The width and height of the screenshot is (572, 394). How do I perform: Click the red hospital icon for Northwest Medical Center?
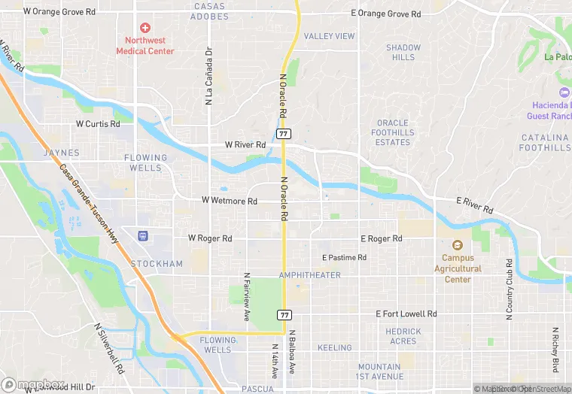click(145, 28)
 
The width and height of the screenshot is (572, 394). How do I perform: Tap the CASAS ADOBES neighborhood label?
click(209, 11)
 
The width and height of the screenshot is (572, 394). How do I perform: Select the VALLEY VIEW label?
click(329, 36)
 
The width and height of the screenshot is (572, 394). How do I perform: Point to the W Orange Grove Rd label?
click(59, 12)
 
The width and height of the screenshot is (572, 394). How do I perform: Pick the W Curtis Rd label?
click(98, 124)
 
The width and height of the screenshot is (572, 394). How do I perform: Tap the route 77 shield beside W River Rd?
click(283, 133)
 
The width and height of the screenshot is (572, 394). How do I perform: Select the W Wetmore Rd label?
click(230, 202)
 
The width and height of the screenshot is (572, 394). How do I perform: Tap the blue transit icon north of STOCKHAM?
click(141, 236)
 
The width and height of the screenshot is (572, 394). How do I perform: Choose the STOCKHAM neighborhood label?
click(157, 264)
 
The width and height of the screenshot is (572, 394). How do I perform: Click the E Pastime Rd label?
click(344, 258)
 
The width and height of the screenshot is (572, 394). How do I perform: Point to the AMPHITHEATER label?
click(309, 275)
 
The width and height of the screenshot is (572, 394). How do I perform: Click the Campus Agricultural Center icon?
click(457, 245)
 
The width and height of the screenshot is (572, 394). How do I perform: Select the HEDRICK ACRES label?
click(403, 336)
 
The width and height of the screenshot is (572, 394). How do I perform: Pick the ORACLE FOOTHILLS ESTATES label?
click(393, 132)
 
